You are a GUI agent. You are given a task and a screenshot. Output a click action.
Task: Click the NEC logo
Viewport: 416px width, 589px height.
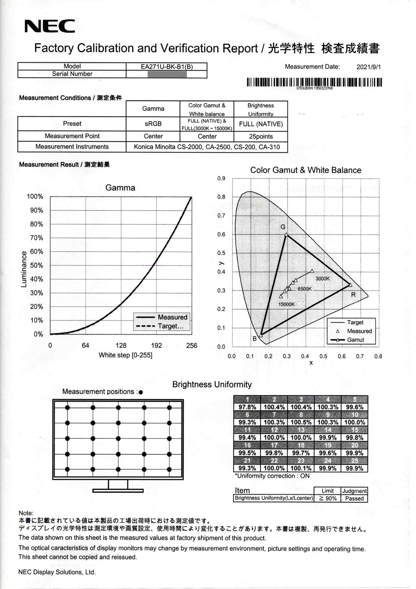click(50, 26)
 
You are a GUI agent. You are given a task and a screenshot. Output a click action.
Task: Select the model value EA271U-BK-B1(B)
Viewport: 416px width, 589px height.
click(167, 67)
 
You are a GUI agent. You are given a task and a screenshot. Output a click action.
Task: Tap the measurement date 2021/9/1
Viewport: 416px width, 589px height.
click(368, 67)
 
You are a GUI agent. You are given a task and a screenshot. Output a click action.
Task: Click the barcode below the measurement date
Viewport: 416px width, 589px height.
click(314, 82)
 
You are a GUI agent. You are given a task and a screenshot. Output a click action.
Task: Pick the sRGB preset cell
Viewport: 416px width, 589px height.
click(153, 124)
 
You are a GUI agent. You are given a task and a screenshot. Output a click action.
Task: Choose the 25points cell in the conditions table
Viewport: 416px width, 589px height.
click(261, 137)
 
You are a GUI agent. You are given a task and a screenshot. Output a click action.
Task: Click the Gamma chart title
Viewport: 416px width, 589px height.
click(120, 187)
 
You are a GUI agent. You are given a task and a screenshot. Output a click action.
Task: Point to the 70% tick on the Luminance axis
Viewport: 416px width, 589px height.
click(36, 238)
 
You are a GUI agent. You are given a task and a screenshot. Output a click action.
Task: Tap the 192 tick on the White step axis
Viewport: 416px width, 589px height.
click(156, 345)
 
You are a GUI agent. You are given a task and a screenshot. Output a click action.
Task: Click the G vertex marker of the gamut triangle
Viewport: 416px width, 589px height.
click(286, 235)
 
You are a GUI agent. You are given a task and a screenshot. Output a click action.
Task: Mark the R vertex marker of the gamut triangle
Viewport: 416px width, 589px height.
click(350, 285)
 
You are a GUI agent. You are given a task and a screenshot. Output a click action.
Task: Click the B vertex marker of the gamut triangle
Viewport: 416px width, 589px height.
click(261, 335)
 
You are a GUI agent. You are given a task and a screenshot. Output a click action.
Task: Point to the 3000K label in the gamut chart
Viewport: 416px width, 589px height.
click(322, 279)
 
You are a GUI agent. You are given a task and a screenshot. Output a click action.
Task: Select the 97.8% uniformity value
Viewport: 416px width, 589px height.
click(247, 407)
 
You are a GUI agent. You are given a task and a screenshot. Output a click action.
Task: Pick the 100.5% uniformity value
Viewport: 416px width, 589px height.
click(301, 422)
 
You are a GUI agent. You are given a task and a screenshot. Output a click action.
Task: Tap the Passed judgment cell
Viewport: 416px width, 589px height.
click(354, 499)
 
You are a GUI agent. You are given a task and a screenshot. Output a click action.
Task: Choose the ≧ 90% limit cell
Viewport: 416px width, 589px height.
click(327, 499)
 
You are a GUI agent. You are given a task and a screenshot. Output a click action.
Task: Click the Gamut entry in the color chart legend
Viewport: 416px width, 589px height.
click(355, 340)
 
